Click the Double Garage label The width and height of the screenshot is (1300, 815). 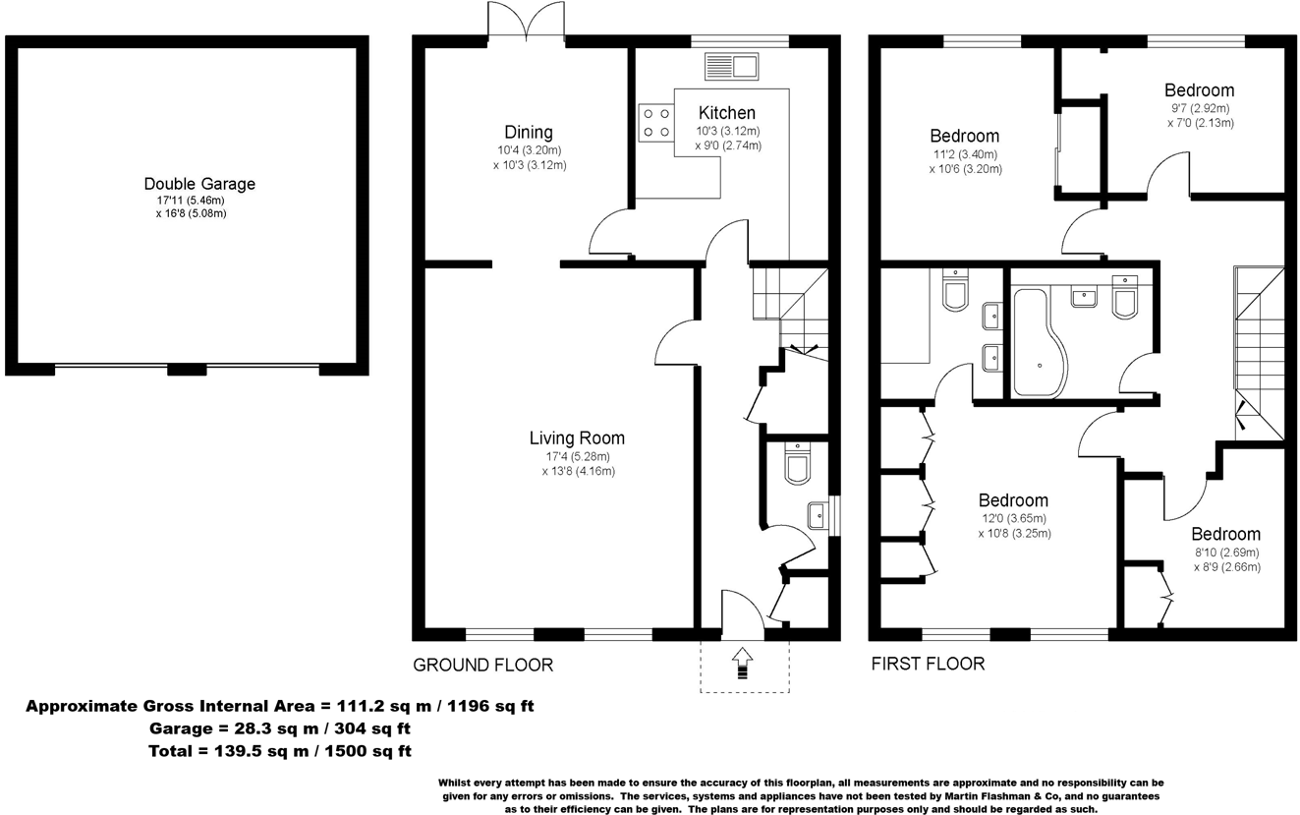199,184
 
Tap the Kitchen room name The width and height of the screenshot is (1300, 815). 727,113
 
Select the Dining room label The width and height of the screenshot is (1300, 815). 529,133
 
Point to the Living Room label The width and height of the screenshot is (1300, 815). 577,438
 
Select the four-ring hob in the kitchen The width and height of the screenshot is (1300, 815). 655,122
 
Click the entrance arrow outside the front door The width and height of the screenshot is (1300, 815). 742,664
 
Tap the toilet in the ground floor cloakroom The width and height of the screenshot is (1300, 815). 797,464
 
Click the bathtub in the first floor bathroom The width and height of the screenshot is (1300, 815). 1031,344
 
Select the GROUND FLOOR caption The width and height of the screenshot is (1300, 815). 482,666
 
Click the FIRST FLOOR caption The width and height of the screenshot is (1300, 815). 928,664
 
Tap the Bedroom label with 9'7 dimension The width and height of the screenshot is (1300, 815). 1199,90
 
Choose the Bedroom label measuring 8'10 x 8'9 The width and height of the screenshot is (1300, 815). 1225,535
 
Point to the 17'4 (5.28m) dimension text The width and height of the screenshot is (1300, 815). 578,456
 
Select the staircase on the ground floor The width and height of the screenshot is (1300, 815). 788,305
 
